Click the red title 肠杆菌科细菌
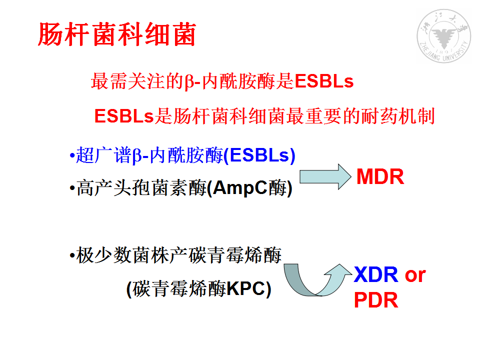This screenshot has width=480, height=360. [x=117, y=34]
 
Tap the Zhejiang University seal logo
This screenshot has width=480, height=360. [x=444, y=36]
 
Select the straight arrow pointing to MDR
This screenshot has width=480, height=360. [x=325, y=176]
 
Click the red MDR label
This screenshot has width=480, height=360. [x=380, y=176]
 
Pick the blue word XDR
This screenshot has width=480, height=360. [x=376, y=274]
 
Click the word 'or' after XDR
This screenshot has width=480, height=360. [x=415, y=275]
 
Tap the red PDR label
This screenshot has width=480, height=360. [x=376, y=300]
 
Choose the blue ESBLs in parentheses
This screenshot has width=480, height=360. [x=259, y=155]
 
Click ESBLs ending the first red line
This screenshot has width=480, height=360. [x=324, y=81]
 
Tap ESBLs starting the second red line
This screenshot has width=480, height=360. [x=123, y=116]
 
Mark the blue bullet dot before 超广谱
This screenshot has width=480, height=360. [x=72, y=156]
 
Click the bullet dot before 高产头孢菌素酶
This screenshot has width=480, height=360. [x=72, y=187]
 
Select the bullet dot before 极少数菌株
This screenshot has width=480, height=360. [x=72, y=255]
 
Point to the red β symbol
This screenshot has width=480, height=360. [x=188, y=82]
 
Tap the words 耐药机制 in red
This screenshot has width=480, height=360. [x=398, y=116]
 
